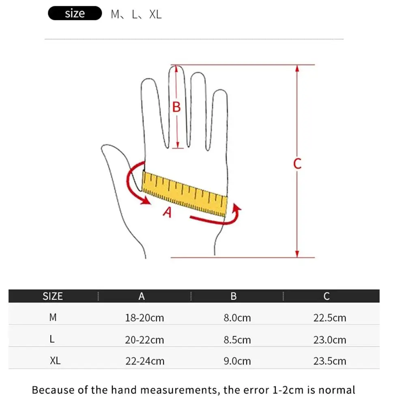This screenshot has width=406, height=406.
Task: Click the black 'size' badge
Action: (x=75, y=14)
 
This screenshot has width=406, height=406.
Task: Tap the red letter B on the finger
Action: (x=176, y=107)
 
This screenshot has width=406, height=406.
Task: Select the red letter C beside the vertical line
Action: (x=297, y=164)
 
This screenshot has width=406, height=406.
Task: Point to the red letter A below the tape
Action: (x=168, y=211)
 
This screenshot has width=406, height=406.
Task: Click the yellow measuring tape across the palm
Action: (x=185, y=193)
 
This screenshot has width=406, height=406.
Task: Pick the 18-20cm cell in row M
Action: (x=144, y=318)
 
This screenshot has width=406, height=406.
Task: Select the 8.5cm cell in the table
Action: (x=237, y=339)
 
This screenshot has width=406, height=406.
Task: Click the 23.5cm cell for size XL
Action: (x=329, y=361)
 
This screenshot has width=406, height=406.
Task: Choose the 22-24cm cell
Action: (x=144, y=361)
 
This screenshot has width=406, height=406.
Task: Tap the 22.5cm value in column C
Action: (x=329, y=318)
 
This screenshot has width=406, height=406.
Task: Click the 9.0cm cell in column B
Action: (x=237, y=361)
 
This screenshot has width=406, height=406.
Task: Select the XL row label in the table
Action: (x=55, y=361)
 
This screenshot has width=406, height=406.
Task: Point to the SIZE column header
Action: (x=53, y=296)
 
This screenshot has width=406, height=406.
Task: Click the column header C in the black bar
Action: (x=327, y=296)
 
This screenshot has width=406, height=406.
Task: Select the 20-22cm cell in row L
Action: (x=144, y=339)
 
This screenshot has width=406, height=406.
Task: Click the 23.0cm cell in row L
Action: (x=329, y=339)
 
